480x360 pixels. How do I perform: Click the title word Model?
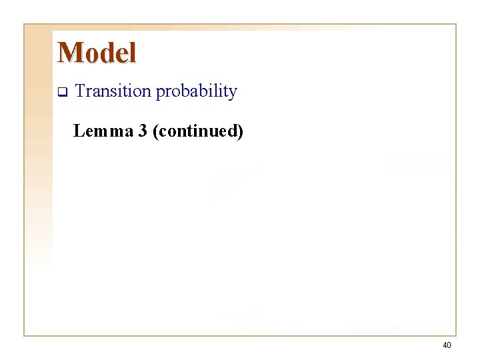coord(97,53)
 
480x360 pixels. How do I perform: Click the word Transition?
coord(113,91)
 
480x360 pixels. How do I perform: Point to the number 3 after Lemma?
coord(143,131)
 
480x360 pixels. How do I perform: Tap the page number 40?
coord(447,345)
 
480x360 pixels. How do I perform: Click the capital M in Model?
coord(69,53)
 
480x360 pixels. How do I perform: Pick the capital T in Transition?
coord(81,91)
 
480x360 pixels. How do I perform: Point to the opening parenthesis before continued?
coord(156,132)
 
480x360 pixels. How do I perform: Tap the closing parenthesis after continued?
coord(241,132)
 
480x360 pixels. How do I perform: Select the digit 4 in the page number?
coord(445,345)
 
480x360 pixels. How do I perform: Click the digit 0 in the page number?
coord(449,345)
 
